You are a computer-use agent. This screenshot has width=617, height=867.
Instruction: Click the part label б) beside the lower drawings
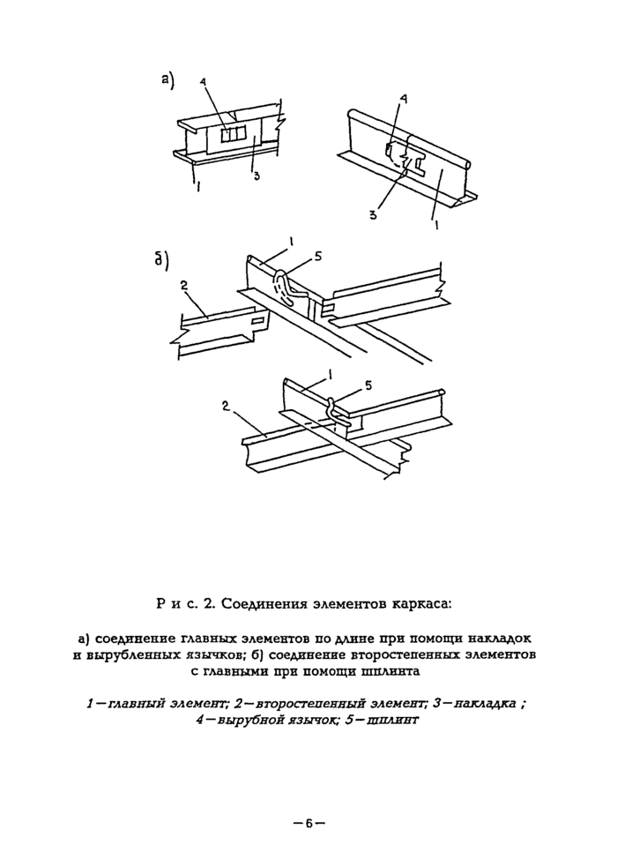point(162,262)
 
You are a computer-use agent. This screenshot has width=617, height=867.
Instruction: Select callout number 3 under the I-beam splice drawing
point(256,176)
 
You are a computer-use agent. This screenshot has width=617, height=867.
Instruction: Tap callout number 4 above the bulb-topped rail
point(403,101)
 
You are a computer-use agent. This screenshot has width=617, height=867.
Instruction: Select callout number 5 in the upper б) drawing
point(318,257)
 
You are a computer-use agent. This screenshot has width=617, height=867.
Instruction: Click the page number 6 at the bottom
point(309,824)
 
